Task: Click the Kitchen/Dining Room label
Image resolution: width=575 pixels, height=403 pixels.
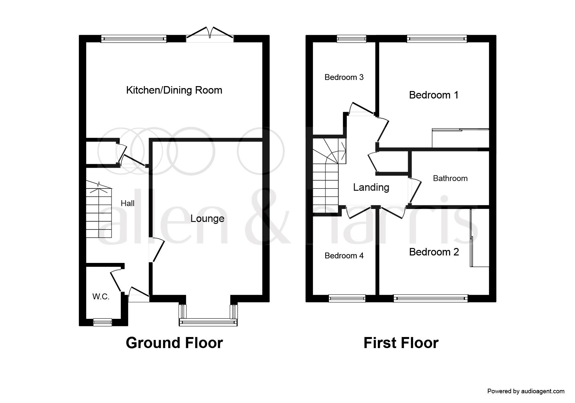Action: [x=174, y=90]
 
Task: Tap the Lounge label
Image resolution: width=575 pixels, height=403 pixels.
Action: [x=207, y=218]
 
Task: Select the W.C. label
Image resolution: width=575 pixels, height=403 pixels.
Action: [x=101, y=296]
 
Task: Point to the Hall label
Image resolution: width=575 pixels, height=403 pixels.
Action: [x=128, y=203]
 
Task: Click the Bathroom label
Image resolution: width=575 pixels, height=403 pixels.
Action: [x=450, y=178]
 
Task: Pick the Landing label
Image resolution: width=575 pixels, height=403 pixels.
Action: [x=371, y=187]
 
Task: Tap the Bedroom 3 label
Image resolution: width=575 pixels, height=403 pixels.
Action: [x=344, y=77]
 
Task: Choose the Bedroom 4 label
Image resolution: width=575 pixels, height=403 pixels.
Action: [x=344, y=256]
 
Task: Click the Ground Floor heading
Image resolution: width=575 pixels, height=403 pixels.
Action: [x=174, y=343]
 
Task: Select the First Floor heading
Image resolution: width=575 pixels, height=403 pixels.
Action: [x=401, y=343]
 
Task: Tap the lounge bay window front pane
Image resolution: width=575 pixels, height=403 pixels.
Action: [x=208, y=322]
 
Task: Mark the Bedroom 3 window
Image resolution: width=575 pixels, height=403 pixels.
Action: [x=352, y=39]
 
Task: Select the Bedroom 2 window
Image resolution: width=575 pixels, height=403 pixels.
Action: [x=431, y=298]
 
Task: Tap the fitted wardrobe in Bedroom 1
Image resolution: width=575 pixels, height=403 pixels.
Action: [x=460, y=138]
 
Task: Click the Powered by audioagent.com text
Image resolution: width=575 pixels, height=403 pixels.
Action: [x=526, y=391]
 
